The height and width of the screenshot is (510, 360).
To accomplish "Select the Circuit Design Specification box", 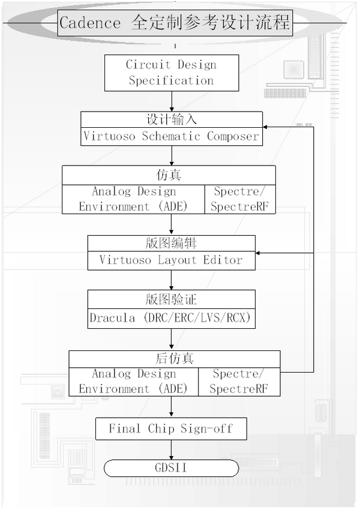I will pyautogui.click(x=171, y=73).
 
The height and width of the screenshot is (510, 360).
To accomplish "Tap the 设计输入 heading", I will pyautogui.click(x=172, y=119).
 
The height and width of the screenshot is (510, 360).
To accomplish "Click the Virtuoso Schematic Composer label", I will pyautogui.click(x=172, y=136).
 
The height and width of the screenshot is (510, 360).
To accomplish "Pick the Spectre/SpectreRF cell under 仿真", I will pyautogui.click(x=240, y=199).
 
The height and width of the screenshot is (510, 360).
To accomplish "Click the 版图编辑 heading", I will pyautogui.click(x=172, y=244).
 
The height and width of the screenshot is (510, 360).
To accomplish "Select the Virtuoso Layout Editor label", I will pyautogui.click(x=172, y=260).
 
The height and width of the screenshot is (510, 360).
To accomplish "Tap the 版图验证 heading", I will pyautogui.click(x=172, y=298).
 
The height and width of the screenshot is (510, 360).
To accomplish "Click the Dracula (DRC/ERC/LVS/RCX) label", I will pyautogui.click(x=172, y=318).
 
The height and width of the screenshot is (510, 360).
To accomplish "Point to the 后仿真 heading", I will pyautogui.click(x=174, y=358).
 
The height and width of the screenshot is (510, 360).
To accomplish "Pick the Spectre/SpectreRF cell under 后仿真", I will pyautogui.click(x=239, y=382).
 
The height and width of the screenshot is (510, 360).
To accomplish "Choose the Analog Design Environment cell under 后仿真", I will pyautogui.click(x=133, y=382).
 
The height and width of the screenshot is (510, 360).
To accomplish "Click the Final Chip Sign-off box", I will pyautogui.click(x=171, y=428).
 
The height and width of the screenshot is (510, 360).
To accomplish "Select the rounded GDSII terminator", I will pyautogui.click(x=172, y=468).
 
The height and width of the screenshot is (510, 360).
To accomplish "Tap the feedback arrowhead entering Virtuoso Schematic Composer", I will pyautogui.click(x=268, y=128).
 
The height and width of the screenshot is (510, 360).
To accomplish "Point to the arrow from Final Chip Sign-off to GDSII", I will pyautogui.click(x=172, y=449).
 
